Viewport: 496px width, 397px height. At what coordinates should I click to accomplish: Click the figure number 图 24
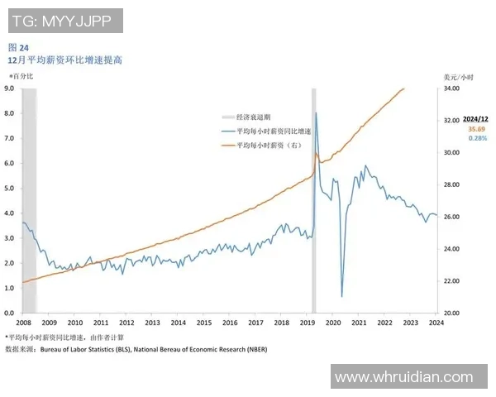coord(18,47)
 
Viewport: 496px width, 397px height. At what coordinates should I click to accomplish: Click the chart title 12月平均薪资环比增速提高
coord(65,60)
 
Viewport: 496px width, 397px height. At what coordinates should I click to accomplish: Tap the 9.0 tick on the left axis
coord(9,87)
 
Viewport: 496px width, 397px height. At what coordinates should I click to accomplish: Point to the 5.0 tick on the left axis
coord(9,188)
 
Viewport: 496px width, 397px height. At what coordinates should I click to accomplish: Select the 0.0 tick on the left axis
coord(9,313)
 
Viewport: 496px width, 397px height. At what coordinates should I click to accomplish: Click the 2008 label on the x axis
coord(23,323)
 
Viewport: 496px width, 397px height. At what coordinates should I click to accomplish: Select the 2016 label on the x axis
coord(229,323)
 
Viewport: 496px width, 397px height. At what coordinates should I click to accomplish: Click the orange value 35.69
coord(476,130)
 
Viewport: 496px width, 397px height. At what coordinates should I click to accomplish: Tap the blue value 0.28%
coord(477,139)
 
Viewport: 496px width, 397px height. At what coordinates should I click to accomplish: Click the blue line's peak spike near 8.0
coord(316,113)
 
